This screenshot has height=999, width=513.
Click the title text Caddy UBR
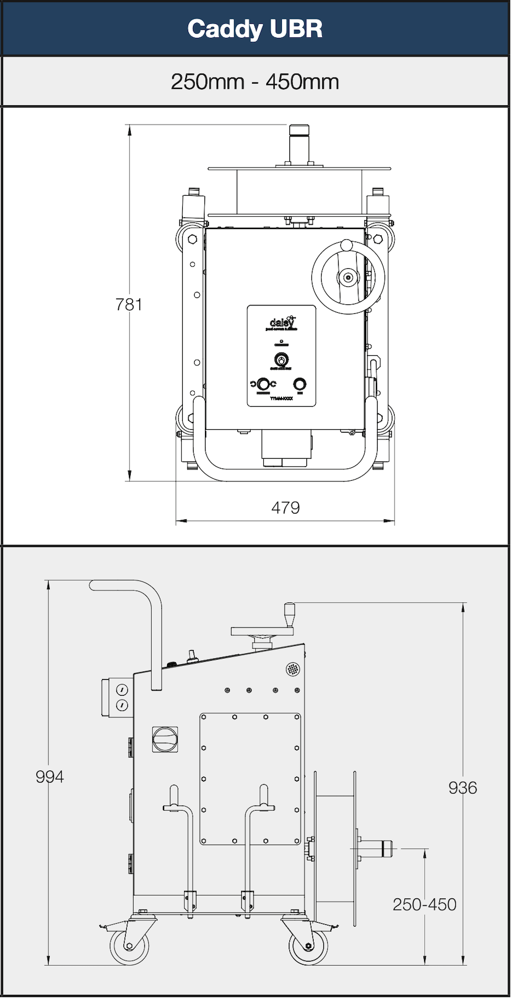click(x=255, y=29)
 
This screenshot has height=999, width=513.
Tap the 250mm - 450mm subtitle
click(x=255, y=82)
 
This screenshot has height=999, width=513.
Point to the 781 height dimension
click(x=129, y=304)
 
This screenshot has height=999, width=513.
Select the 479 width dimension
click(x=285, y=507)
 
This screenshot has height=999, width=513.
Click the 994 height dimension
click(x=50, y=777)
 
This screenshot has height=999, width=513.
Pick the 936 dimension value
click(x=463, y=787)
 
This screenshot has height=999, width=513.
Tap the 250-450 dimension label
click(x=424, y=904)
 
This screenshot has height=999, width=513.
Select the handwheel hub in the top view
click(x=348, y=277)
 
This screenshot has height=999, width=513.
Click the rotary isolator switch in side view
click(x=165, y=739)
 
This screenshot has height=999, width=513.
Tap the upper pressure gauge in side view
click(x=122, y=690)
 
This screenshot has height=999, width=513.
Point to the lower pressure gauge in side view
click(x=122, y=705)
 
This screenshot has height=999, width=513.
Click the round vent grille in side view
click(x=293, y=669)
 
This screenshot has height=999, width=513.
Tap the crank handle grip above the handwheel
click(x=290, y=614)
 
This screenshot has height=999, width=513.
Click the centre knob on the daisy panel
click(x=281, y=359)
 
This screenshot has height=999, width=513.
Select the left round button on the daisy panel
click(x=263, y=384)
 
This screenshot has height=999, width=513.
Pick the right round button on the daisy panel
click(x=300, y=384)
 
